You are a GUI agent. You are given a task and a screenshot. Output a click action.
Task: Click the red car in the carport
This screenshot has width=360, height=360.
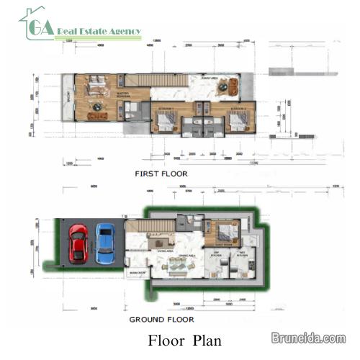point(78,244)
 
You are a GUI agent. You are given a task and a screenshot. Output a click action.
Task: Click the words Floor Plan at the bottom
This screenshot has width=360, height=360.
point(185,340)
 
